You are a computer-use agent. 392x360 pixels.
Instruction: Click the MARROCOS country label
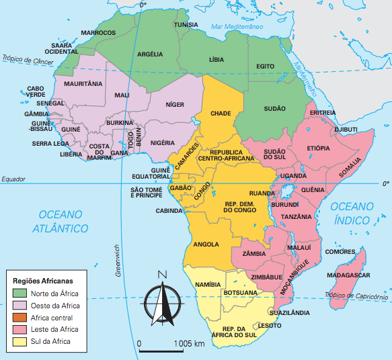click(x=98, y=32)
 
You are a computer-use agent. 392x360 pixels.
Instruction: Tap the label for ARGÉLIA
click(x=151, y=54)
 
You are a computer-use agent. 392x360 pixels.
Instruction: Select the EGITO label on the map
click(x=266, y=66)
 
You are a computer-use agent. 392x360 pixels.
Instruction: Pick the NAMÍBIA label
click(x=207, y=285)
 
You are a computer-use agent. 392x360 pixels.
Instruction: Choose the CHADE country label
click(x=221, y=113)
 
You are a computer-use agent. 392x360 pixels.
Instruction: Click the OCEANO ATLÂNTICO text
click(x=60, y=221)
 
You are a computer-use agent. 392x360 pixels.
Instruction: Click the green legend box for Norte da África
click(x=21, y=294)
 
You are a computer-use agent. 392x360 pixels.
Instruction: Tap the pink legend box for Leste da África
click(x=21, y=329)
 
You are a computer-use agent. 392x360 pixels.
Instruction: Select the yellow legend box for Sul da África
click(x=21, y=341)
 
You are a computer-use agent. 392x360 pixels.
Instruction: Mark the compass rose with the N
click(x=161, y=300)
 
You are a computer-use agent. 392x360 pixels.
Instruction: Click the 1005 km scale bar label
click(x=189, y=344)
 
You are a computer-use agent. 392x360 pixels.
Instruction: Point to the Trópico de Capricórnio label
click(x=356, y=295)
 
